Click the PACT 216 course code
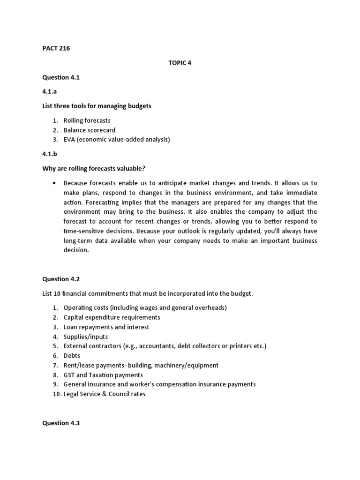click(x=56, y=48)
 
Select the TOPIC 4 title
click(x=180, y=63)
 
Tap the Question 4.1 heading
click(x=61, y=77)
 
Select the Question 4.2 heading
click(x=61, y=279)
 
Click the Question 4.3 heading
click(x=61, y=423)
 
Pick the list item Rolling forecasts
click(x=87, y=120)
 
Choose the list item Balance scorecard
click(x=90, y=130)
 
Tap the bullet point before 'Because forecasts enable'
click(x=55, y=183)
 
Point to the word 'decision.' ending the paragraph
click(x=76, y=250)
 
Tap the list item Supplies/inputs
click(x=86, y=337)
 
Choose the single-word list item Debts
click(x=72, y=356)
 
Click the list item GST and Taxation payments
click(x=103, y=375)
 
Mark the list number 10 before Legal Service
click(x=56, y=394)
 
